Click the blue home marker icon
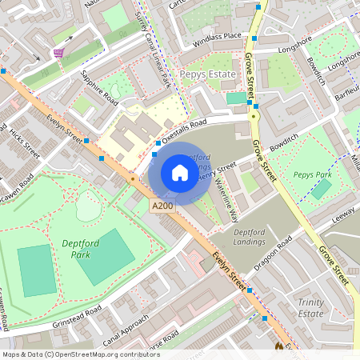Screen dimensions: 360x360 coord(180,173)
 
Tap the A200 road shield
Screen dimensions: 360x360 coord(162,206)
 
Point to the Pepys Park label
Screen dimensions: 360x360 coord(312,174)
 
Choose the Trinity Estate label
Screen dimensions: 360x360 coord(310,307)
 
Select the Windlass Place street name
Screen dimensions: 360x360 coord(211,36)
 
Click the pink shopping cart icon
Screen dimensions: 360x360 coord(58,52)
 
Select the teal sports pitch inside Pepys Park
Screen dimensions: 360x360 coord(322,190)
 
